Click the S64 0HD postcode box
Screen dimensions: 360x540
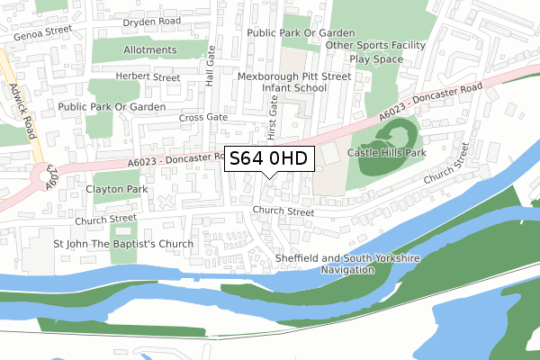269,158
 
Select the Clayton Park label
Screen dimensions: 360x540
116,190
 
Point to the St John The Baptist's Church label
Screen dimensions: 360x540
123,243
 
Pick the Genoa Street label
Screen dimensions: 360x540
41,30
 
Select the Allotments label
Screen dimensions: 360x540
150,50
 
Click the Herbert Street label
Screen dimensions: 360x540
148,77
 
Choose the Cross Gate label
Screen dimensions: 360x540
203,117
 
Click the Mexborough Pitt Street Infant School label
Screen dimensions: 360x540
293,83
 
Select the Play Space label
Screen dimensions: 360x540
376,58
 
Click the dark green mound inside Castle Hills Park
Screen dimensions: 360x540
391,139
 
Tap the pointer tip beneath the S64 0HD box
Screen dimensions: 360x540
269,176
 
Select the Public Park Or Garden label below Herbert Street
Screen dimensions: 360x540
112,106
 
